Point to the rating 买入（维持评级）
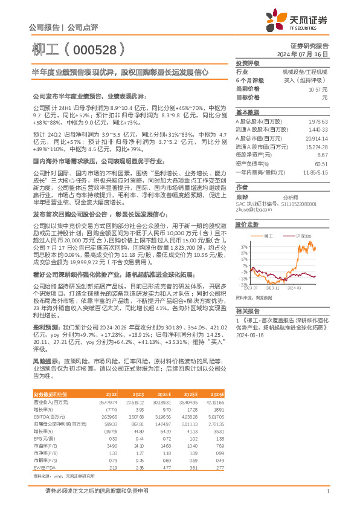pos(306,80)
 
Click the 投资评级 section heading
pos(248,63)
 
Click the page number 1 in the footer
pos(327,491)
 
